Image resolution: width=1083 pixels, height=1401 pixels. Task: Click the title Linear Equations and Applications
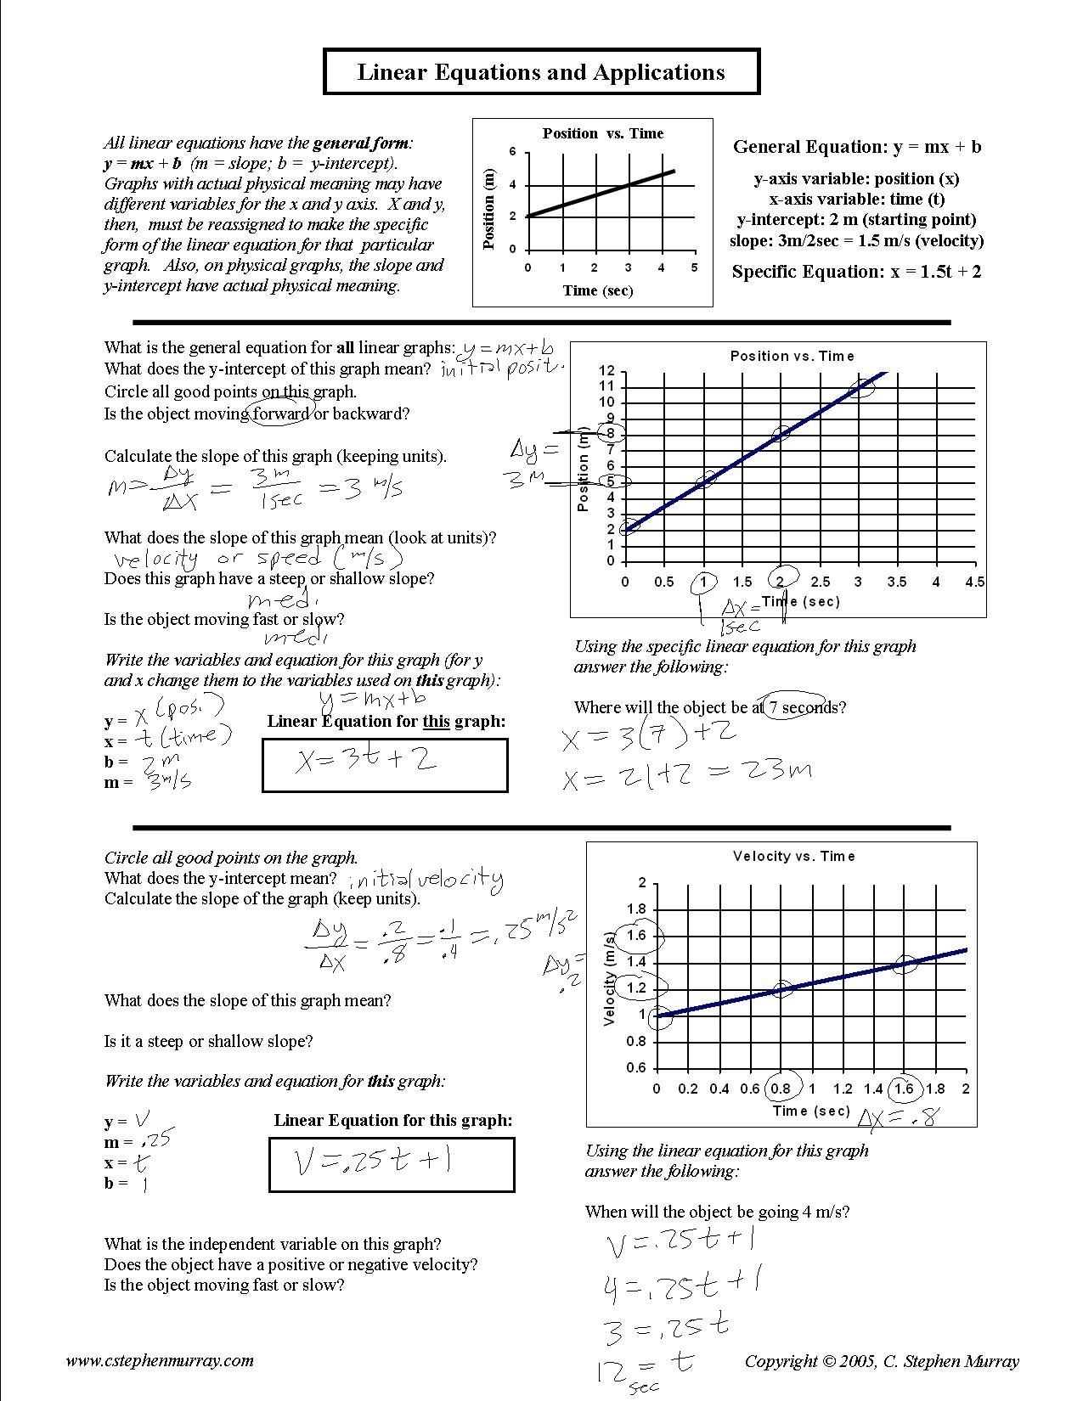tap(541, 72)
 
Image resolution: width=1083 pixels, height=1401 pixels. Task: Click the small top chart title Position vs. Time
tap(602, 133)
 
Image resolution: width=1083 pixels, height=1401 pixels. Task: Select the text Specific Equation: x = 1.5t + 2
tap(856, 273)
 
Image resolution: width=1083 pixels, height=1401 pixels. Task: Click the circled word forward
tap(281, 414)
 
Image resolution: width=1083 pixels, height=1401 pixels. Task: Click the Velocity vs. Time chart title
tap(793, 857)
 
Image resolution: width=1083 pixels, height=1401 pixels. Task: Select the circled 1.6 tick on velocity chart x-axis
tap(904, 1089)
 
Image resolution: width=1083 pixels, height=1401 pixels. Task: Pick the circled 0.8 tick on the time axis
tap(780, 1089)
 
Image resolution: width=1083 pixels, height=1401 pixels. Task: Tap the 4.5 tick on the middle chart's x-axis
tap(974, 582)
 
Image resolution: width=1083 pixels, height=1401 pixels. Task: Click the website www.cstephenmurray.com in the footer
tap(160, 1360)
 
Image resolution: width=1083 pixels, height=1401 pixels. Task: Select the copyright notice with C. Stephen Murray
tap(882, 1361)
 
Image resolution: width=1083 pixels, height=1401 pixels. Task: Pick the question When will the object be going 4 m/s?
tap(717, 1212)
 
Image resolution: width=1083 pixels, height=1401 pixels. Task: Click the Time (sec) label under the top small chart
tap(597, 290)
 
